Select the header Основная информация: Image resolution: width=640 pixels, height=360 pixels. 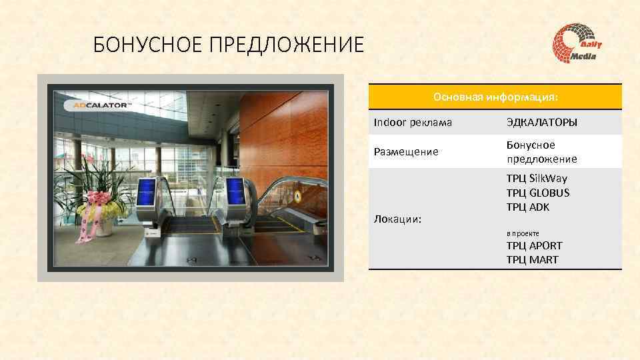[x=495, y=97]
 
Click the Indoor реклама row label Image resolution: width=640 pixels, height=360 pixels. [x=413, y=123]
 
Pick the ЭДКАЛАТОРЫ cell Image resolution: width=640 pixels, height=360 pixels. [x=541, y=123]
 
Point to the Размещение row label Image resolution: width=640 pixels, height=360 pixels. [x=406, y=152]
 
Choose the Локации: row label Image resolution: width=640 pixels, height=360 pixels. [x=397, y=219]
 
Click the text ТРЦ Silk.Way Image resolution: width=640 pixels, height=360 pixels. [x=537, y=178]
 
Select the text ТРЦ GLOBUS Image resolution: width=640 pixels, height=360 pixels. [x=538, y=193]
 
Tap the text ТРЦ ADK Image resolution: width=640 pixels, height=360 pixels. [x=528, y=207]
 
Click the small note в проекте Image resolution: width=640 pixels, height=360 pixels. [x=523, y=233]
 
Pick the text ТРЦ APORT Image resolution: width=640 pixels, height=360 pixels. [x=534, y=246]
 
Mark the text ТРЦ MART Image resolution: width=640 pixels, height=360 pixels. [x=532, y=260]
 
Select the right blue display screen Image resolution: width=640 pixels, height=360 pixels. [x=235, y=190]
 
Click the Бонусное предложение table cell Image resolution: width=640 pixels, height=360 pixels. [x=541, y=152]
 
